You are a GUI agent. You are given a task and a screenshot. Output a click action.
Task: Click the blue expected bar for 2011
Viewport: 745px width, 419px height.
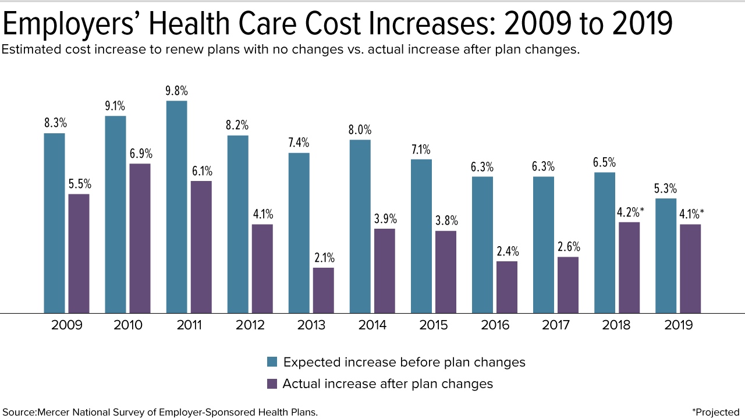point(176,207)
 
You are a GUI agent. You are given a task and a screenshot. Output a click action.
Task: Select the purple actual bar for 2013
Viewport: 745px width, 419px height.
point(323,290)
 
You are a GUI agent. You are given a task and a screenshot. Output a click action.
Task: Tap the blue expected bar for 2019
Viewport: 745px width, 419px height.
point(665,255)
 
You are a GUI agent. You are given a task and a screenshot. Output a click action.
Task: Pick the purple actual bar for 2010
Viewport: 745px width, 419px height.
point(140,238)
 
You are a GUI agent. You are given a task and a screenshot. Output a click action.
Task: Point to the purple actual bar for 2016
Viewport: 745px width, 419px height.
point(506,287)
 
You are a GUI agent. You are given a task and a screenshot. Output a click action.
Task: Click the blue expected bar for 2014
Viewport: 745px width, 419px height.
point(360,226)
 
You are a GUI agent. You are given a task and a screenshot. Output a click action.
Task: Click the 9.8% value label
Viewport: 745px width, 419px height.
point(177,91)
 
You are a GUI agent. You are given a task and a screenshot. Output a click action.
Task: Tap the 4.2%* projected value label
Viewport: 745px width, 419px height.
point(630,212)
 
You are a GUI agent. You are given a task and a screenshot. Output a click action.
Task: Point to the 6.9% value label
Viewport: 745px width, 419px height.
point(140,154)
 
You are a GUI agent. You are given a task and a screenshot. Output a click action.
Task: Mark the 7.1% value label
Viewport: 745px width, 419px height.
point(421,150)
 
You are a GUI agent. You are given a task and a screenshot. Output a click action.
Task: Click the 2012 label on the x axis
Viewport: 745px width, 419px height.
point(250,325)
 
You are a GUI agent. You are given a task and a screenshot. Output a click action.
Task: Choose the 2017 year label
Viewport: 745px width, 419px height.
point(556,325)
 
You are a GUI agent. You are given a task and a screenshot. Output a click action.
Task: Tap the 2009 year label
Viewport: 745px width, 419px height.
point(67,325)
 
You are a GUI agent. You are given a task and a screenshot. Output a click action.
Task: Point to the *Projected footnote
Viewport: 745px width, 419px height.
point(716,413)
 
